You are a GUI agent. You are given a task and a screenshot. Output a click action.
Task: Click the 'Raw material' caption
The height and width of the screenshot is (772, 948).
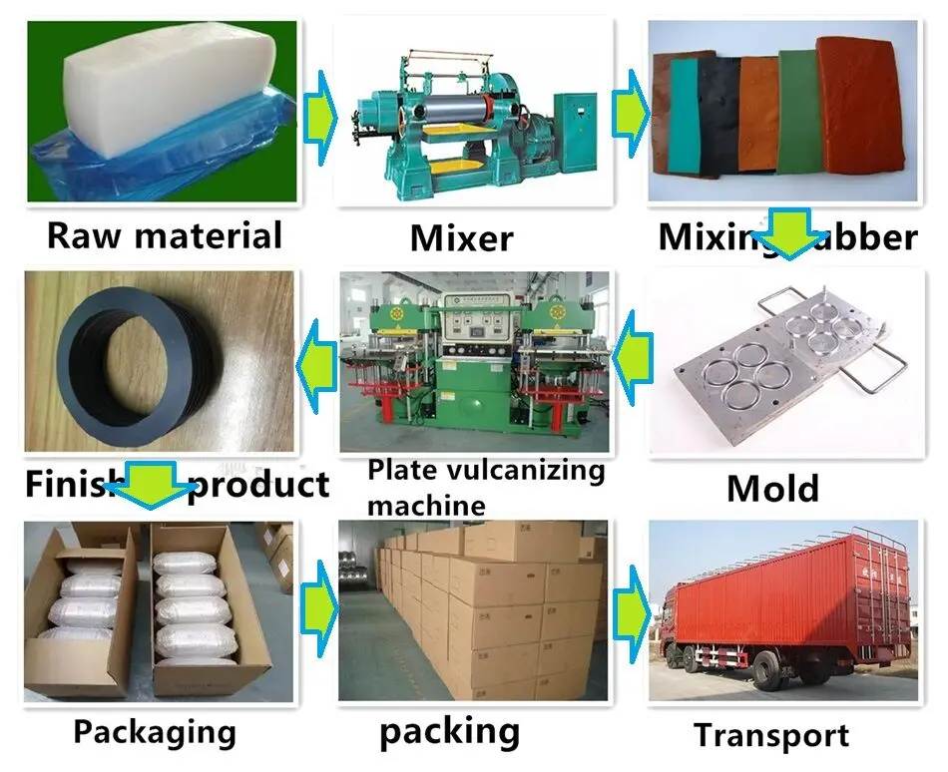pyautogui.click(x=165, y=236)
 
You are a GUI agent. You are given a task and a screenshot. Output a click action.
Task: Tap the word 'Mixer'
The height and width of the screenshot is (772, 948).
pyautogui.click(x=461, y=238)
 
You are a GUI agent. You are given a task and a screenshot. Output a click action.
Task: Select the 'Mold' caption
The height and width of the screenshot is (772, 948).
pyautogui.click(x=772, y=489)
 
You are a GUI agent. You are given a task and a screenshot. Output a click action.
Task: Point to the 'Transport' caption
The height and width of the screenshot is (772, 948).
pyautogui.click(x=771, y=736)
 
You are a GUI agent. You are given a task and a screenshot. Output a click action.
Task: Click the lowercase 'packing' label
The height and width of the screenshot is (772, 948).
pyautogui.click(x=449, y=731)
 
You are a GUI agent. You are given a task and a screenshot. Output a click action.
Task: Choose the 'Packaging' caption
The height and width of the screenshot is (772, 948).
pyautogui.click(x=155, y=732)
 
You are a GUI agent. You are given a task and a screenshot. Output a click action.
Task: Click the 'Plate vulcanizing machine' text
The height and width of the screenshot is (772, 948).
pyautogui.click(x=486, y=487)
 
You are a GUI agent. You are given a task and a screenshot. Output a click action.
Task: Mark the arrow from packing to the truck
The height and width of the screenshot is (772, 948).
pyautogui.click(x=629, y=607)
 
